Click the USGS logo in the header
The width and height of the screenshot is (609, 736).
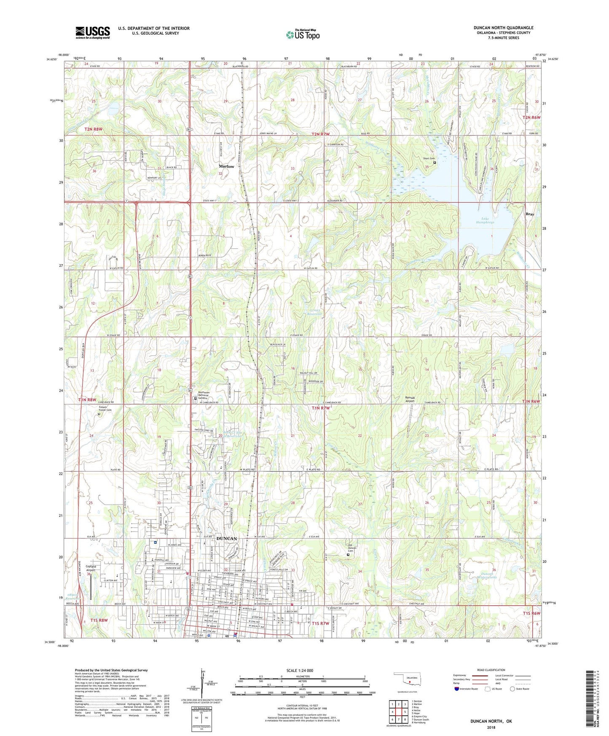93,32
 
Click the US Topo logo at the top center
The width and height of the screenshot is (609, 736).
303,35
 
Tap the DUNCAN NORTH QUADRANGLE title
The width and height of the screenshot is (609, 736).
503,28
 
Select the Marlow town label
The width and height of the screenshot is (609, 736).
226,167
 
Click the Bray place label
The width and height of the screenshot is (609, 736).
530,214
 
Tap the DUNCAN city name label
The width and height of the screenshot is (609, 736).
226,539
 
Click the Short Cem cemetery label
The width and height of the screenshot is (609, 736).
429,158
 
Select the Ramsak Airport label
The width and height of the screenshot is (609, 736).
410,399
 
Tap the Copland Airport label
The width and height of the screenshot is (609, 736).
91,568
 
